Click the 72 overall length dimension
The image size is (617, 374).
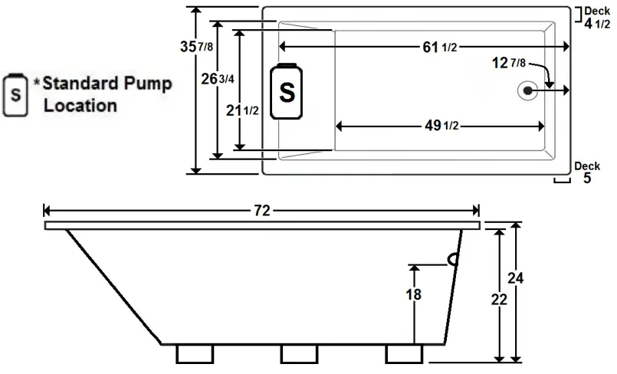click(262, 212)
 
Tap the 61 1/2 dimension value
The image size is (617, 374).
click(440, 48)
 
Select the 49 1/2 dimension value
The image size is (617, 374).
click(440, 126)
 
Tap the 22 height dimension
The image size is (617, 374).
click(499, 300)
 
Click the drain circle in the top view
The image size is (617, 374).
click(528, 90)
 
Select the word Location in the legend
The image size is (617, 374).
click(80, 106)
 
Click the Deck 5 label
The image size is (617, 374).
click(587, 173)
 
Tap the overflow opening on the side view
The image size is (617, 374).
click(454, 259)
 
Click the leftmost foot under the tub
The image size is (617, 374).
click(195, 353)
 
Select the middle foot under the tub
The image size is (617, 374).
click(298, 353)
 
